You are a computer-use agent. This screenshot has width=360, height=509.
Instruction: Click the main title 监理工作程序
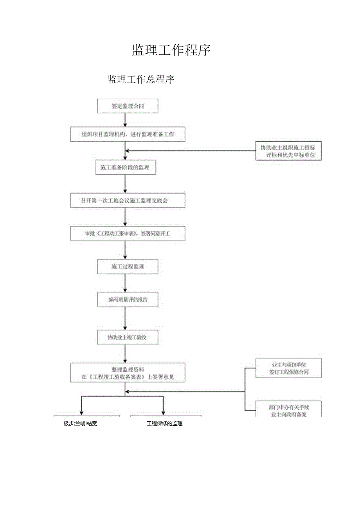coord(171,50)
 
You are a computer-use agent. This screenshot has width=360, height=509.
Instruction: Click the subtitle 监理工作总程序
coord(141,80)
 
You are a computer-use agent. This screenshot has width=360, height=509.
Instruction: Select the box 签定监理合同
coord(128,106)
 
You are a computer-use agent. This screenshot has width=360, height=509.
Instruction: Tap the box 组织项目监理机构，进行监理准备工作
coord(128,134)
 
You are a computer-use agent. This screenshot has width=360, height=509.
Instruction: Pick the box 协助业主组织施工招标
coord(288,151)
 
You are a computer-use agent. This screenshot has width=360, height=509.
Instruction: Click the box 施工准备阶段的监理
coord(125,167)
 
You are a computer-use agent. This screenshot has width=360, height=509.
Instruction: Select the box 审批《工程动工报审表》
coord(128,234)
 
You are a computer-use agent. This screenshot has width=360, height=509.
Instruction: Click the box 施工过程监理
coord(128,267)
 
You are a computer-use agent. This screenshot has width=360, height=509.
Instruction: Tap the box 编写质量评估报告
coord(128,300)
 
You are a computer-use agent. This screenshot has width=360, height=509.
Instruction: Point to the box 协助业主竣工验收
coord(128,337)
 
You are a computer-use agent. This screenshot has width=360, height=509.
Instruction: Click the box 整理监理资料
coord(128,372)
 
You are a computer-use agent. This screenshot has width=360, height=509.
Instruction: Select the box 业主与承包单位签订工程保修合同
coord(288,368)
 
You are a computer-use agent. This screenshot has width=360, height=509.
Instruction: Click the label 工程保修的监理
coord(164,423)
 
